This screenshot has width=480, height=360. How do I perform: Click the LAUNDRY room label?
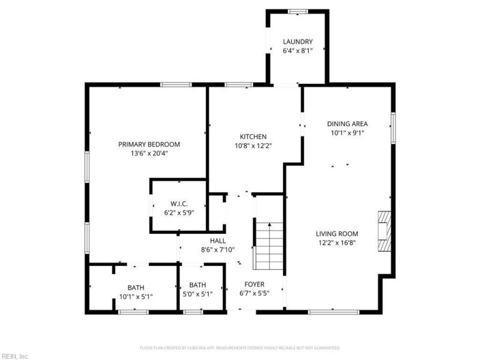coord(298,41)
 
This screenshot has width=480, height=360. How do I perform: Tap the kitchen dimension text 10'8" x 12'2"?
coord(253,146)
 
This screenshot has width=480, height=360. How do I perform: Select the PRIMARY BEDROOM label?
coord(149,144)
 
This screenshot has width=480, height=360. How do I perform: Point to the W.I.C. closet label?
coord(179,203)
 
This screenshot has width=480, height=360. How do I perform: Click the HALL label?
coord(218,241)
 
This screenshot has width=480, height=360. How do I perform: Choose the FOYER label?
coord(254,284)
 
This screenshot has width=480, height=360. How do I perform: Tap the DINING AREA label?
coord(347,124)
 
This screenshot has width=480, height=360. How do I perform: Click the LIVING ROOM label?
coord(337,234)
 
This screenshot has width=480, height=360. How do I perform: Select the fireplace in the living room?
coord(385,231)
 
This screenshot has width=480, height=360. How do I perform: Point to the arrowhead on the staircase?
coord(269,224)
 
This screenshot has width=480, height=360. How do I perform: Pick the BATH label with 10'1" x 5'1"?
coord(136,288)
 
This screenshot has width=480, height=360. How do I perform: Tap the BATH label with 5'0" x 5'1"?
coord(198,286)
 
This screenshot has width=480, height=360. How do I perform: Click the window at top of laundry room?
coord(298,11)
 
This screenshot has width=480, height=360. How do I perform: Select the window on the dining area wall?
coord(393,128)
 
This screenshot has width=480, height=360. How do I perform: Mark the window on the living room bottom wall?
coord(334,312)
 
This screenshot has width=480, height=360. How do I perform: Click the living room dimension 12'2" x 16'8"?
coord(337,243)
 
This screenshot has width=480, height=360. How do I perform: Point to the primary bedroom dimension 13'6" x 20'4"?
coord(149,154)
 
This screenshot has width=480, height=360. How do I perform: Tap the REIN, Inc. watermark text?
coord(14,356)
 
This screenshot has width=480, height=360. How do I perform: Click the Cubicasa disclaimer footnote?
coord(240,348)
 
